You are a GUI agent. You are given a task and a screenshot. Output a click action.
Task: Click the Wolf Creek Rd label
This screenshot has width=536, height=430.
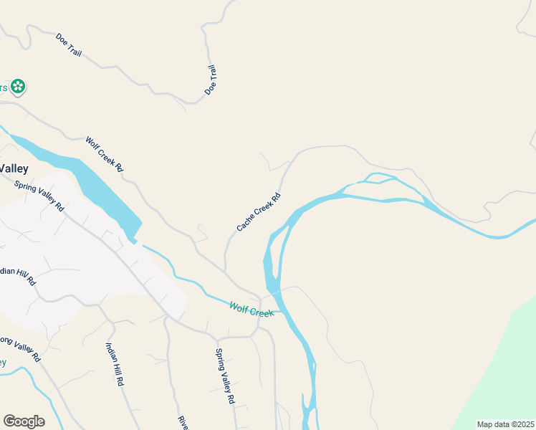pyautogui.click(x=105, y=154)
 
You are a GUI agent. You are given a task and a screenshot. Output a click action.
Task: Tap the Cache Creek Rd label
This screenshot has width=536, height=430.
pyautogui.click(x=259, y=212)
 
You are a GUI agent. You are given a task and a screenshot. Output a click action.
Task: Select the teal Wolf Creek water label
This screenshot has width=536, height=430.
pyautogui.click(x=252, y=310)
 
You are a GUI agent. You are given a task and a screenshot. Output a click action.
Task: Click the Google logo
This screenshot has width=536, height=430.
pyautogui.click(x=24, y=421)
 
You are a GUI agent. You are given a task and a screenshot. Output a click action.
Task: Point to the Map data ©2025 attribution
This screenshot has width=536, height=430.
pyautogui.click(x=505, y=424)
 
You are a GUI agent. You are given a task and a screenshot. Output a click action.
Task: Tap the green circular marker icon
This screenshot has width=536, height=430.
pyautogui.click(x=18, y=87)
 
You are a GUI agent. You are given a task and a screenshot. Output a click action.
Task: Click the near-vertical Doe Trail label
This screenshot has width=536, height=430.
pyautogui.click(x=211, y=80)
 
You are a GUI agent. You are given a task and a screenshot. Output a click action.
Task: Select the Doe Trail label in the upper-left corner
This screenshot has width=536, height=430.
pyautogui.click(x=69, y=44)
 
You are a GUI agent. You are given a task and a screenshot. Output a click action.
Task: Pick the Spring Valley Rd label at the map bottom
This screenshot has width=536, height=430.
pyautogui.click(x=225, y=377)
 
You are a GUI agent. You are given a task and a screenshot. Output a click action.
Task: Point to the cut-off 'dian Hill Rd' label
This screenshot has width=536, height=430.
pyautogui.click(x=17, y=277)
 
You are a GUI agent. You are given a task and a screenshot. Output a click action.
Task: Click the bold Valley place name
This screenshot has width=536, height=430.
pyautogui.click(x=14, y=169)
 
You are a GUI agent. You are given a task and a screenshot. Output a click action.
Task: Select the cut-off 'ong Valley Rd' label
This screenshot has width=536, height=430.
pyautogui.click(x=19, y=347)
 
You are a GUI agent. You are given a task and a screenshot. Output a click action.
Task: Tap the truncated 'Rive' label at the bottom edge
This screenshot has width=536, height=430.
pyautogui.click(x=182, y=422)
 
